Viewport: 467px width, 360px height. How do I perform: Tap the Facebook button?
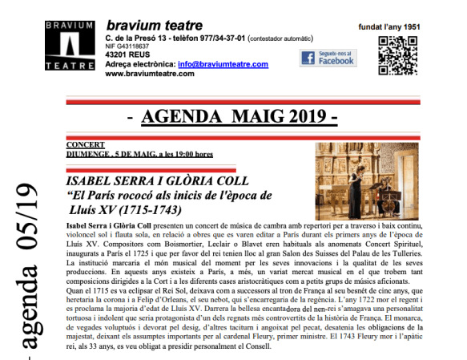tap(328, 58)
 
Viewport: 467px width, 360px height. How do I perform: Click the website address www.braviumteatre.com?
tap(150, 73)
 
